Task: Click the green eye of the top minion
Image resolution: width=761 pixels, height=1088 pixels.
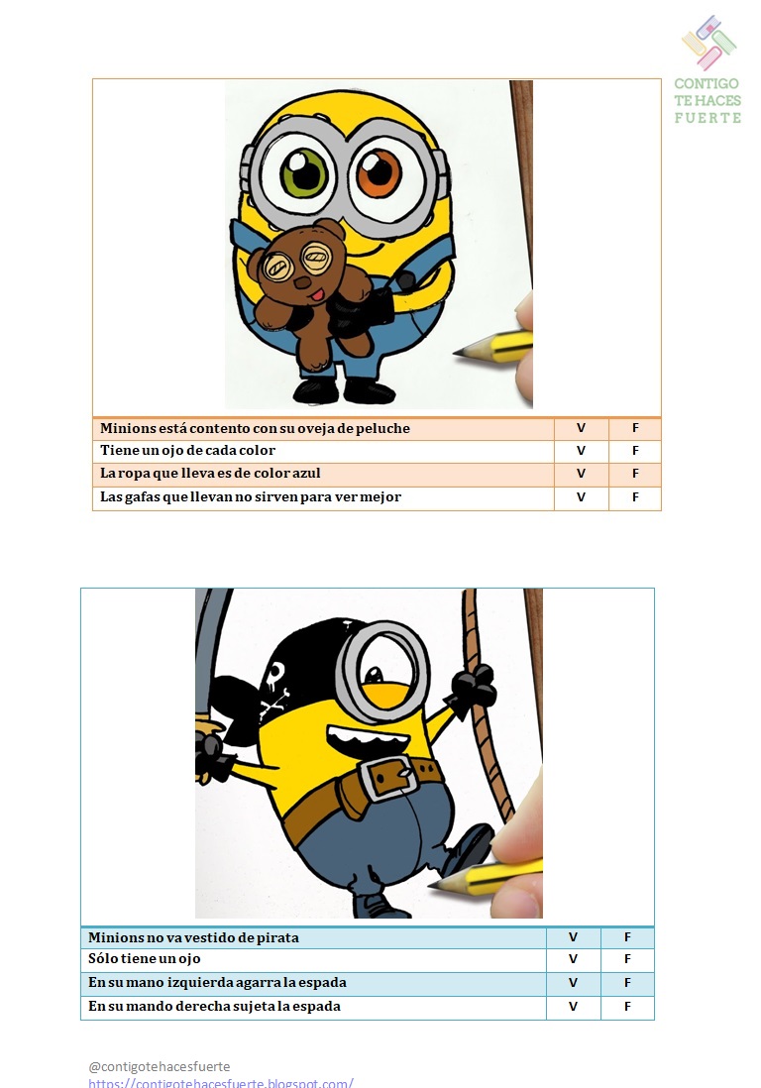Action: click(x=305, y=174)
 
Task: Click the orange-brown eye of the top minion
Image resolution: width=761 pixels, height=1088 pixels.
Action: click(x=379, y=174)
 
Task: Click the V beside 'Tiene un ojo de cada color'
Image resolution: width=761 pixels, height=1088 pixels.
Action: click(x=581, y=451)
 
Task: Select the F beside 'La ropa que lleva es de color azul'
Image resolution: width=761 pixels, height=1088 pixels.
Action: click(x=635, y=474)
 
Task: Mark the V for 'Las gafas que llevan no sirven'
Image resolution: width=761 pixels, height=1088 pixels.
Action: click(x=581, y=497)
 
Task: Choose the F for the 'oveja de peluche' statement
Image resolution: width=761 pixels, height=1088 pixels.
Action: click(x=635, y=428)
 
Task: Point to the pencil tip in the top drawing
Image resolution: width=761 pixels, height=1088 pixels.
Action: click(x=462, y=352)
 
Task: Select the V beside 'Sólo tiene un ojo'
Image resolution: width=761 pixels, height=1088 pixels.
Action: click(x=573, y=959)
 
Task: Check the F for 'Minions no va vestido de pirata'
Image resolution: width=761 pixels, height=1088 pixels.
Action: click(x=627, y=937)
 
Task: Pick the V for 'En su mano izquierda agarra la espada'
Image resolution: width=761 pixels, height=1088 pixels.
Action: click(x=573, y=983)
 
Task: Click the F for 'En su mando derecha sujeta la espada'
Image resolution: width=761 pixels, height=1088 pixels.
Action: click(x=627, y=1007)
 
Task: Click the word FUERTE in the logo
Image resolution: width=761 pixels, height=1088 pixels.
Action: click(x=707, y=118)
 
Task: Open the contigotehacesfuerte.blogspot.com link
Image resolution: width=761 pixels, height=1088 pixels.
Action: click(x=221, y=1082)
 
